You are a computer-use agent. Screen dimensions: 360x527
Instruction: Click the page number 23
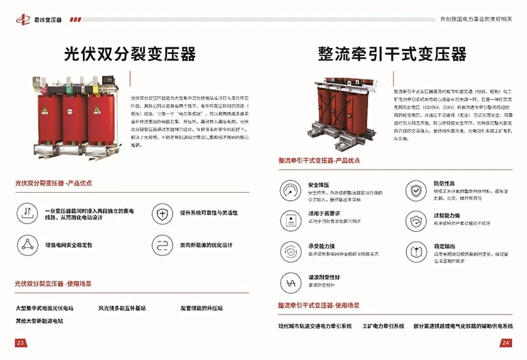tap(20, 343)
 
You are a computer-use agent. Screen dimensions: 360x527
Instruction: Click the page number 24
tap(506, 343)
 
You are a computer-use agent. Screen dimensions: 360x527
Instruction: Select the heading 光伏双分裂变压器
tap(130, 54)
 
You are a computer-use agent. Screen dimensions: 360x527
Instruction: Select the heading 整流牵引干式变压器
tap(392, 54)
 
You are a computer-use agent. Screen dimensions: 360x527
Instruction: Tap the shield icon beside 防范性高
tap(414, 191)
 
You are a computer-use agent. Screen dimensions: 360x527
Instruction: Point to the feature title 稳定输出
tap(443, 246)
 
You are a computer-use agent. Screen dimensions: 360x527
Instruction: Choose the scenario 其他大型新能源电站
tap(40, 321)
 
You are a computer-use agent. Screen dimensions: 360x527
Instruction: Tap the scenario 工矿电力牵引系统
tap(383, 326)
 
